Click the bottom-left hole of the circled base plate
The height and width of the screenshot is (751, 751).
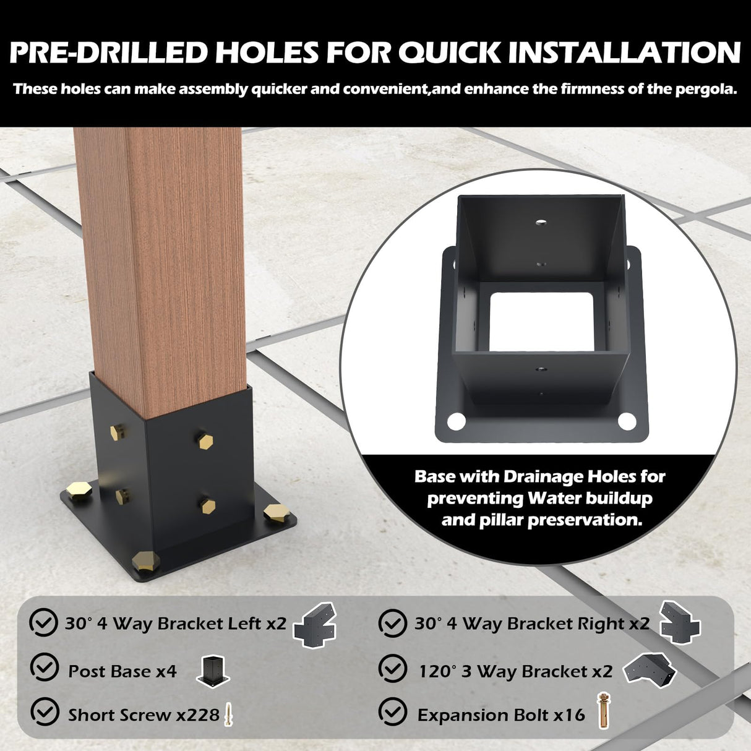(456, 421)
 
